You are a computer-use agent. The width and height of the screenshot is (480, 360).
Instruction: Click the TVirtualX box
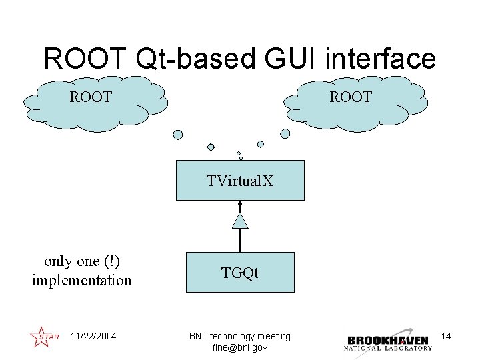coord(240,180)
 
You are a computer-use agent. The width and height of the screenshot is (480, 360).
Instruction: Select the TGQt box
coord(240,272)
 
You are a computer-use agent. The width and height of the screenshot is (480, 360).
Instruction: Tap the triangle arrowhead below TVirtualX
coord(240,220)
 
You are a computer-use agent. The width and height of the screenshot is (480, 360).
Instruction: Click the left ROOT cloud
coord(93,100)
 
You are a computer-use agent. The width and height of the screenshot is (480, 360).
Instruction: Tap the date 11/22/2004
coord(93,336)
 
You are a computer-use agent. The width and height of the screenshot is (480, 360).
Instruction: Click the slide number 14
coord(446,336)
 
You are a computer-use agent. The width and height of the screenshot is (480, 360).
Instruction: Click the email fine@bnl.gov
coord(239,347)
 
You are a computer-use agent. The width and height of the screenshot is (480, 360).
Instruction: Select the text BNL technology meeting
coord(239,336)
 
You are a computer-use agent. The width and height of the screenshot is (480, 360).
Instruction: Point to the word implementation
coord(82,280)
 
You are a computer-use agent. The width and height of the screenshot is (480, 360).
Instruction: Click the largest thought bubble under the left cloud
coord(178,134)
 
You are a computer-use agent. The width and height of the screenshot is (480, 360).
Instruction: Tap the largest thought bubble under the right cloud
coord(285,133)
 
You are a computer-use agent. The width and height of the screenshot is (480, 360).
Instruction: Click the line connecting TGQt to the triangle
coord(240,240)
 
